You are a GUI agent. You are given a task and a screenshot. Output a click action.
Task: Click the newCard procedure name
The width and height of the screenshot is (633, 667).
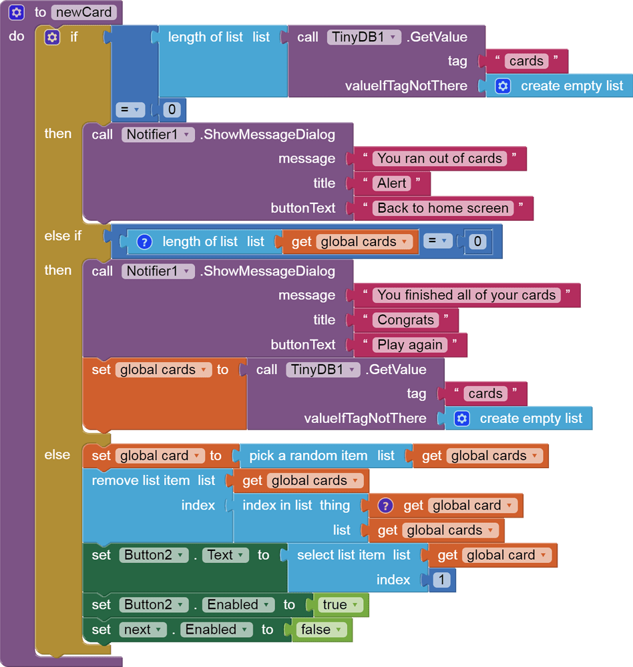tap(84, 12)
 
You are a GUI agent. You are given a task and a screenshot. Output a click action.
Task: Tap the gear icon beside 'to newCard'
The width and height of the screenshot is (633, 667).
tap(17, 12)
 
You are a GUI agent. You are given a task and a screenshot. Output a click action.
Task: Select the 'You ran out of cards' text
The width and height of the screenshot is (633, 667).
tap(439, 159)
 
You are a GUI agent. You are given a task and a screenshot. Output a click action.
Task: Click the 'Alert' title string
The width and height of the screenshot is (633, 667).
tap(392, 183)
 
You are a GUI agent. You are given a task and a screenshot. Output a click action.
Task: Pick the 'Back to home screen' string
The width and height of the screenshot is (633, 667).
tap(443, 208)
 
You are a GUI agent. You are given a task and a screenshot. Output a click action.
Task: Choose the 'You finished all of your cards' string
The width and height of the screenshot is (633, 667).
tap(466, 295)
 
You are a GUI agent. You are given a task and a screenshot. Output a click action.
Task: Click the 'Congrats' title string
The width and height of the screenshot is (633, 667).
tap(405, 320)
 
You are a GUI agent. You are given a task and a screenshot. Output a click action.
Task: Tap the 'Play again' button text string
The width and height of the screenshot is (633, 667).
tap(410, 345)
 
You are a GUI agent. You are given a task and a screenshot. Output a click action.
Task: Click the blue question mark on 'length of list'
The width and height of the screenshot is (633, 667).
tap(144, 242)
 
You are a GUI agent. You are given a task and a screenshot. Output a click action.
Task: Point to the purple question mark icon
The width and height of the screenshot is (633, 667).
tap(385, 506)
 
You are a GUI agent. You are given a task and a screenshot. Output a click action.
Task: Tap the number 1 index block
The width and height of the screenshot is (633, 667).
tap(441, 580)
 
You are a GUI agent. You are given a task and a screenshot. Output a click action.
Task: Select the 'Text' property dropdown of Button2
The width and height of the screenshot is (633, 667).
tap(225, 555)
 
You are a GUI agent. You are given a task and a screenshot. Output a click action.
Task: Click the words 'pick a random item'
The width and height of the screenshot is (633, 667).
tap(308, 456)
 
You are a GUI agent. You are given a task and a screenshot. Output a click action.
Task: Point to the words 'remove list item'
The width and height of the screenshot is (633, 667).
tap(140, 480)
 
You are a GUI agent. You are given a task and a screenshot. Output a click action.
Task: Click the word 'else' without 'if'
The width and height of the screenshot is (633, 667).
tap(57, 455)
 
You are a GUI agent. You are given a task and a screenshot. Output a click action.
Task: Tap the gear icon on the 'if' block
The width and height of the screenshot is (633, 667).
tap(52, 37)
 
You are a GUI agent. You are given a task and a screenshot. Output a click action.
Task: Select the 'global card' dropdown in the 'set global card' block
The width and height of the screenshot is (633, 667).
tap(159, 456)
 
